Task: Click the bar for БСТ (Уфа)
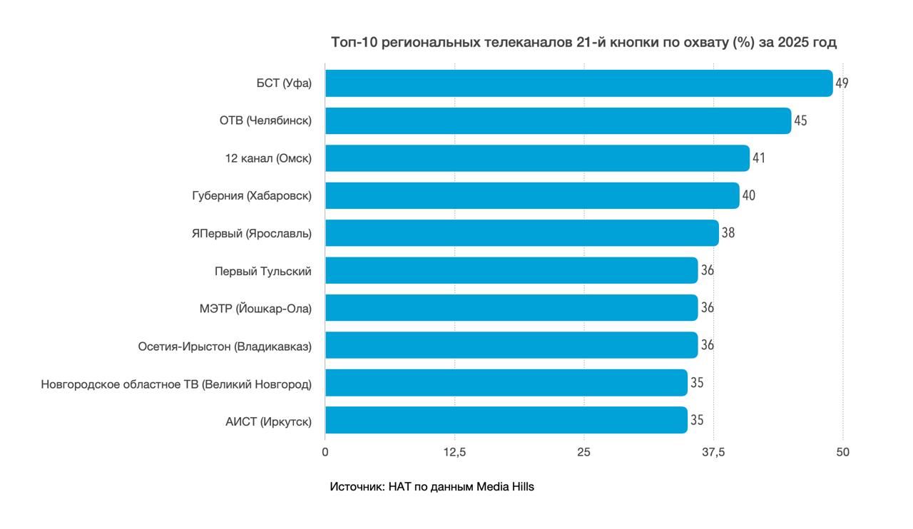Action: pos(578,83)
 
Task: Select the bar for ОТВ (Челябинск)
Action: pos(558,120)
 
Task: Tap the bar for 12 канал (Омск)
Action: pos(537,158)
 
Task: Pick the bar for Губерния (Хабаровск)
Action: pos(532,195)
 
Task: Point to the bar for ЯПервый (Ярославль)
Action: pos(521,232)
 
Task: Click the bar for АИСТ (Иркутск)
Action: pos(506,420)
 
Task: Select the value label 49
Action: pos(842,83)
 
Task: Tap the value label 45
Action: pos(800,120)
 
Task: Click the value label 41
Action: pos(758,158)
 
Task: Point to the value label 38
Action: pos(728,232)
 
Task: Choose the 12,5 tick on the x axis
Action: pos(454,452)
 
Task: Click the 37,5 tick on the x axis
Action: pos(713,452)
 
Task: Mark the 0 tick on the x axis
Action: pos(325,452)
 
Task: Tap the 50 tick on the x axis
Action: pos(843,452)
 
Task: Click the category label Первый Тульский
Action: pos(263,271)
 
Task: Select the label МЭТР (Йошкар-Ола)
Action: pos(255,308)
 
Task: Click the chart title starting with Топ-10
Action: pos(583,43)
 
